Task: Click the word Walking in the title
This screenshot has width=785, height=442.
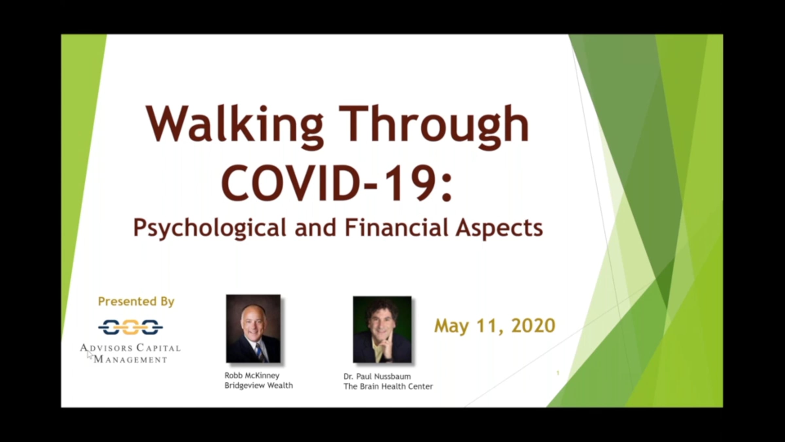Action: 235,126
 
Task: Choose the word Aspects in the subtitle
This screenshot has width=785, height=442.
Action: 499,229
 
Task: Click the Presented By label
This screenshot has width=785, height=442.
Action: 136,302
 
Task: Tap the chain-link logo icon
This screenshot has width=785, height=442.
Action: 131,327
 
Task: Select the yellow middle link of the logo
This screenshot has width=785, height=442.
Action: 131,327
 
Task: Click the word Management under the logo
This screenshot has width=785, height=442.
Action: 131,359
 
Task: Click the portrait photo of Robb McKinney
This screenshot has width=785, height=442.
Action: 253,328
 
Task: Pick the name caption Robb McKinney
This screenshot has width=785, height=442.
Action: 252,375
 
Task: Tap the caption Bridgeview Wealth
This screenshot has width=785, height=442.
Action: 258,386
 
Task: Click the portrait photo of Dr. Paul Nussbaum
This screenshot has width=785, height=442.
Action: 382,329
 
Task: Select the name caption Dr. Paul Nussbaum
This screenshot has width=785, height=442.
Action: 377,376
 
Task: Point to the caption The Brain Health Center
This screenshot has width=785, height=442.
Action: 388,386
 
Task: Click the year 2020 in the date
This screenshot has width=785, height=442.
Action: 533,326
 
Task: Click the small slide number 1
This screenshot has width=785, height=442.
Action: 558,373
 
